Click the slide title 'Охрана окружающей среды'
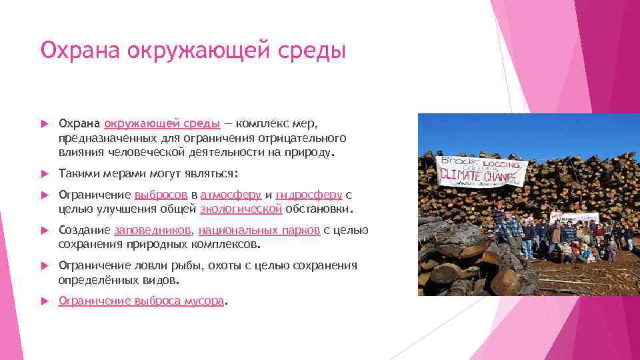click(193, 51)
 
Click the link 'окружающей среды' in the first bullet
click(163, 123)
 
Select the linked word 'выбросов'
click(161, 195)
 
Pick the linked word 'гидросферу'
click(309, 195)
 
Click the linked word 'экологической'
click(241, 209)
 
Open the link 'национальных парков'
click(259, 231)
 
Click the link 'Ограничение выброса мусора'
click(141, 301)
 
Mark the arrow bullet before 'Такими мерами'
click(44, 173)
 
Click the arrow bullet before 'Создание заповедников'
click(44, 231)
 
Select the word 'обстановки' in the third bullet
click(319, 209)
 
